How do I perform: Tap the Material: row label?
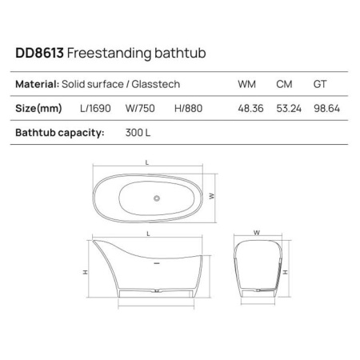(37, 84)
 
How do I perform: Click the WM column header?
(246, 84)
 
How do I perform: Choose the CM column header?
(283, 84)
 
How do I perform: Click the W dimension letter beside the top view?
(211, 194)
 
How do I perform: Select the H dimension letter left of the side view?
(85, 272)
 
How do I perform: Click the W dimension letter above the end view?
(257, 233)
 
